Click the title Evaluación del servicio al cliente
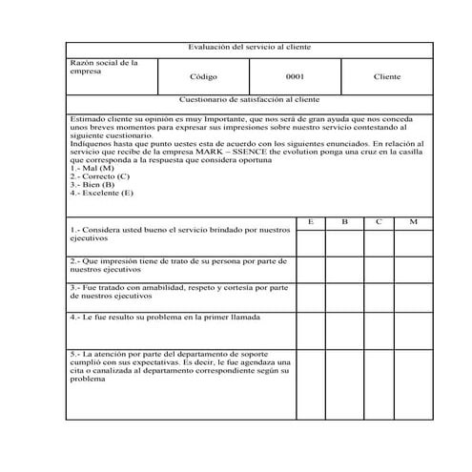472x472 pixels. pos(249,47)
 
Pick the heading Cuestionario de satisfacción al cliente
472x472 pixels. pos(249,99)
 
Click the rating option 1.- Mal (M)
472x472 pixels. pos(92,168)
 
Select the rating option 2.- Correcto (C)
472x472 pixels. pos(100,176)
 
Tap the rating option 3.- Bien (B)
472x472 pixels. pos(92,184)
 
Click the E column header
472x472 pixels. pos(311,221)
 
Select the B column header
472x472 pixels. pos(344,221)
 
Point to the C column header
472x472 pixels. pos(379,221)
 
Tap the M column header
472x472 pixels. pos(413,221)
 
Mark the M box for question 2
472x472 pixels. pos(413,268)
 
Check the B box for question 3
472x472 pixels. pos(344,295)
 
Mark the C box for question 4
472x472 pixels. pos(379,330)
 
